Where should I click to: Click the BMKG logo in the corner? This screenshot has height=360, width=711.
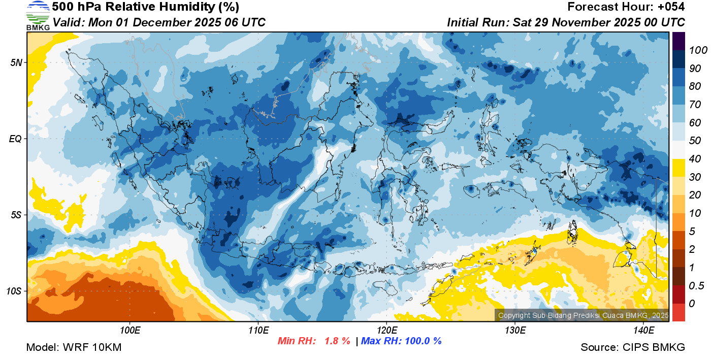[x=38, y=16]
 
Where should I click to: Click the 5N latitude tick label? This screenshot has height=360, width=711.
[x=16, y=62]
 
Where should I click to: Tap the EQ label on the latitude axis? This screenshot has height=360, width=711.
[x=16, y=139]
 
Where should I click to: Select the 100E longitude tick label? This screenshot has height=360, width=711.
[x=130, y=331]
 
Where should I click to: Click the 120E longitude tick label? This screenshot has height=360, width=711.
[x=386, y=331]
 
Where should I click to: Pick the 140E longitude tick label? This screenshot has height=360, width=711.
[x=643, y=331]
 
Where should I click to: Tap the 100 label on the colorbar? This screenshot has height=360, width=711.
[x=694, y=50]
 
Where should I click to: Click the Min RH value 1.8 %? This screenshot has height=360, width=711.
[x=337, y=341]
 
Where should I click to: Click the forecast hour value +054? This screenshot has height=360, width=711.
[x=670, y=7]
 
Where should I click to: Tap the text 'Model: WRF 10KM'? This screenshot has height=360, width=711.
[x=74, y=347]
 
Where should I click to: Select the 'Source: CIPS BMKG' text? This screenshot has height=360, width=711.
[x=633, y=347]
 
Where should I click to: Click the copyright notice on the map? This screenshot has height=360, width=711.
[x=583, y=315]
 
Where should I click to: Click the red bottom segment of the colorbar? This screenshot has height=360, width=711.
[x=678, y=312]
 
